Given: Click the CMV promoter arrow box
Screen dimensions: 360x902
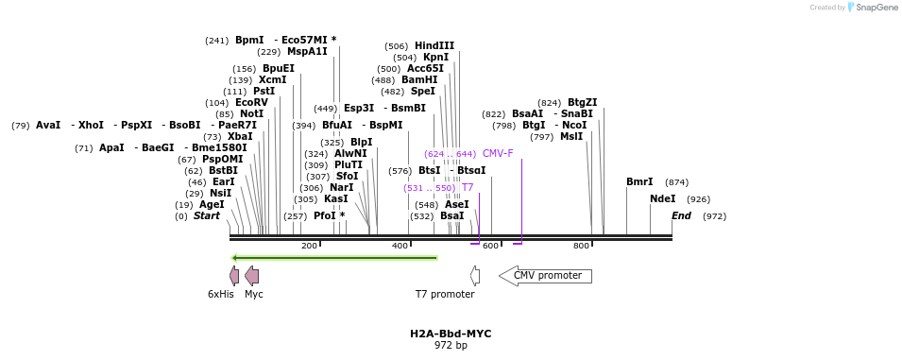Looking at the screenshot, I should (546, 276).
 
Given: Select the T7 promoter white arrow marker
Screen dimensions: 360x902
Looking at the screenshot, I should (475, 276).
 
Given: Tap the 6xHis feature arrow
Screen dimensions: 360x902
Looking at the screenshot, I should (234, 276).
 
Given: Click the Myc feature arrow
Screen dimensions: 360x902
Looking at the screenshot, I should (251, 276).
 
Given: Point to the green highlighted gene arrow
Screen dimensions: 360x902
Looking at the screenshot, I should (334, 257).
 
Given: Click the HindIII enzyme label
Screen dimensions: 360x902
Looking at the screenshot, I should (434, 45).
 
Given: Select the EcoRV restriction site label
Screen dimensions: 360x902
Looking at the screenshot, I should (251, 102).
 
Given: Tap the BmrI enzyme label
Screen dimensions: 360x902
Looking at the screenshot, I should (639, 181).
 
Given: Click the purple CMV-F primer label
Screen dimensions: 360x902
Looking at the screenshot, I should (498, 153).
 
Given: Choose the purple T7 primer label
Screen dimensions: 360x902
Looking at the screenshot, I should (468, 187).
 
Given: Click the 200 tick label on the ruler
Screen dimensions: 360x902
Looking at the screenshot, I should (309, 246).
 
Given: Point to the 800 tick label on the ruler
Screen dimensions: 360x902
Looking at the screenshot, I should (581, 246).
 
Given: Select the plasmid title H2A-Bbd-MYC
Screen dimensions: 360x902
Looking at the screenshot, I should (451, 334).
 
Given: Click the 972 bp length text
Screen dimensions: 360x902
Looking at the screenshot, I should (451, 346).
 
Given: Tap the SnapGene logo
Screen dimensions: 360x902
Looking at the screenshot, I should (873, 8).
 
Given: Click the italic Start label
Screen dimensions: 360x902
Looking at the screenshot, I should (206, 216).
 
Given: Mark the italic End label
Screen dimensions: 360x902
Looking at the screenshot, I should (681, 216).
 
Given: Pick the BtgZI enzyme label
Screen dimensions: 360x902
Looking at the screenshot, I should (582, 102).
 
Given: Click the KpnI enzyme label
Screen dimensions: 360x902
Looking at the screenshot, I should (435, 57).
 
